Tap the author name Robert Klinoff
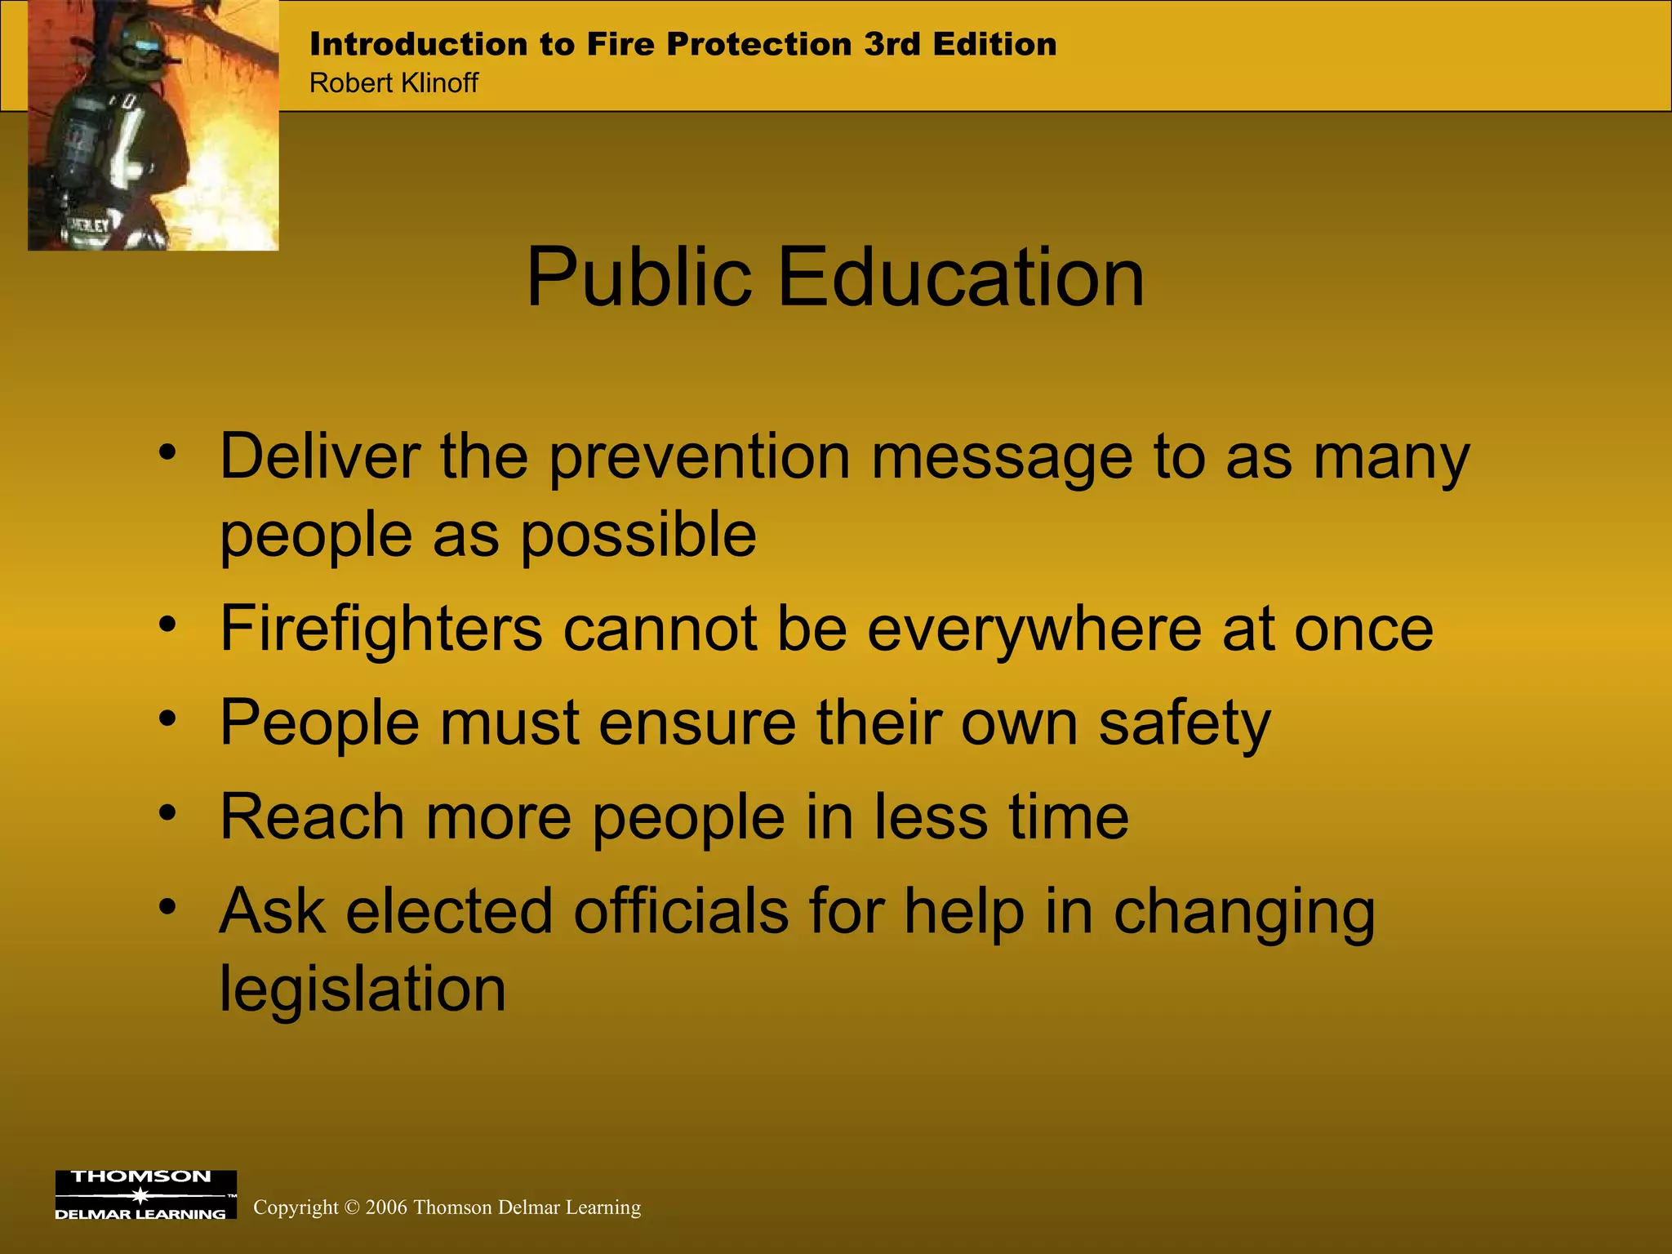click(394, 83)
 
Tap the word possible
click(638, 535)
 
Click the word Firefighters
click(381, 629)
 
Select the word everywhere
click(1034, 629)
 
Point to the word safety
click(1184, 723)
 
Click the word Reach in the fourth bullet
click(312, 816)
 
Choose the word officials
click(681, 911)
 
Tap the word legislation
click(362, 989)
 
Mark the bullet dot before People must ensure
click(168, 718)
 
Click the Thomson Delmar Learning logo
click(145, 1195)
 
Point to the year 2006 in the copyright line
click(386, 1207)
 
